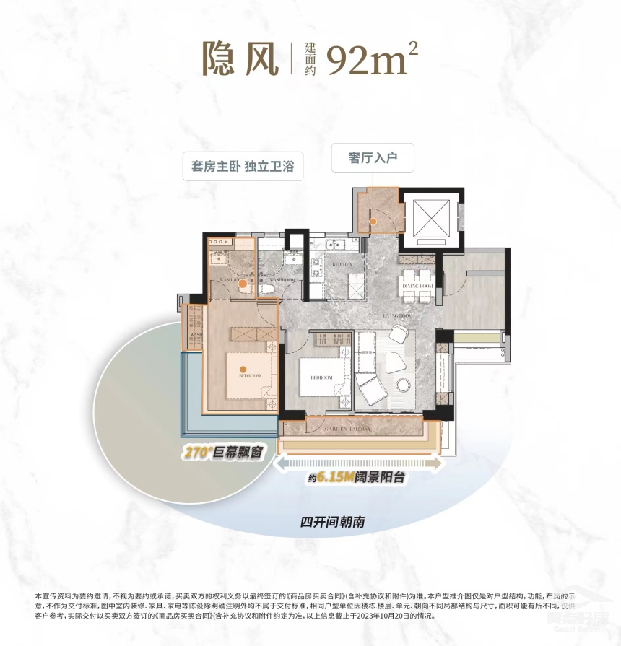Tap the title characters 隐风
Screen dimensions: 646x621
pos(241,58)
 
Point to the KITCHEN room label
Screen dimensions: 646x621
pos(342,266)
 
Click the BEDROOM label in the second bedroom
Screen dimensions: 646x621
pos(321,377)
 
